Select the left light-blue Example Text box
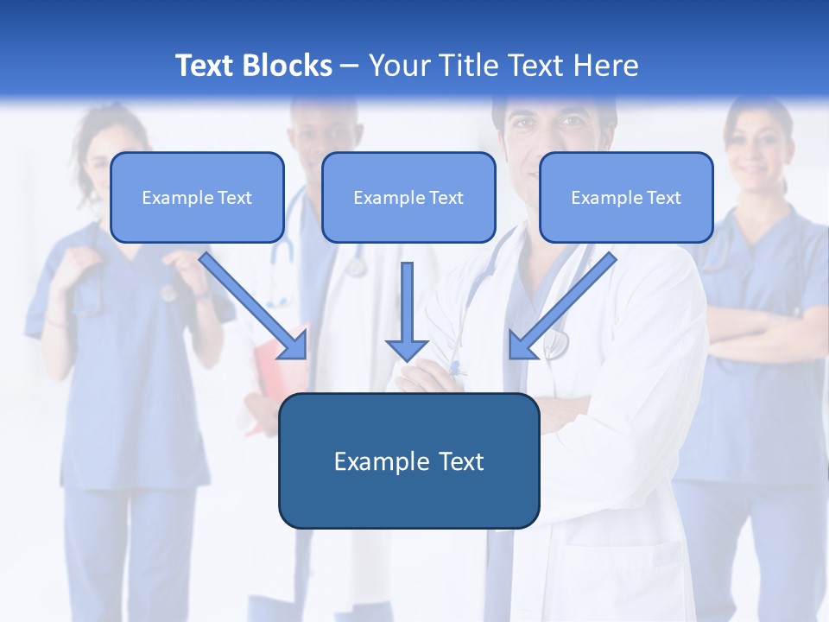coord(197,197)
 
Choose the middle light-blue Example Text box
coord(408,197)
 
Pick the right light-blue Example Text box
coord(626,197)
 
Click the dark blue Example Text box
coord(408,460)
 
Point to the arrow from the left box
coord(255,307)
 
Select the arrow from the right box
coord(561,307)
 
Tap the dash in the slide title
coord(350,66)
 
